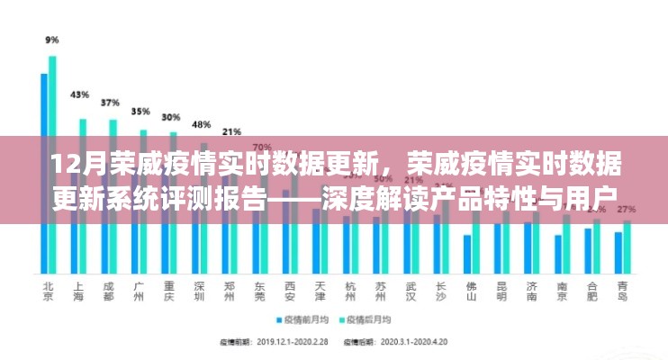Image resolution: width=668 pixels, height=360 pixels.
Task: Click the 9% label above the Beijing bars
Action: pyautogui.click(x=51, y=40)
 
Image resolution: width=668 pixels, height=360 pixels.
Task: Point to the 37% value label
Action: pyautogui.click(x=110, y=102)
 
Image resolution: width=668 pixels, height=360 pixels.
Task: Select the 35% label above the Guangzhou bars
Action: pyautogui.click(x=140, y=111)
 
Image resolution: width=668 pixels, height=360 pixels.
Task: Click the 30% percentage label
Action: pyautogui.click(x=170, y=117)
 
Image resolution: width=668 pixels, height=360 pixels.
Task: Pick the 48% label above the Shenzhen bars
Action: pyautogui.click(x=202, y=124)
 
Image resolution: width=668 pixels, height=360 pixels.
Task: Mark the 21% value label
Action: pyautogui.click(x=231, y=131)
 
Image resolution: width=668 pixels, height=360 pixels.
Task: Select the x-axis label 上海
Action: pyautogui.click(x=79, y=292)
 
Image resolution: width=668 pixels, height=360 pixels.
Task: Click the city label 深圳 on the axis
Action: pyautogui.click(x=200, y=292)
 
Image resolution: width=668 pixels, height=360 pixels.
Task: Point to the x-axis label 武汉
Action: pyautogui.click(x=411, y=292)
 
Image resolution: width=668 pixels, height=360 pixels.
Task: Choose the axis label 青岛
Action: pyautogui.click(x=622, y=292)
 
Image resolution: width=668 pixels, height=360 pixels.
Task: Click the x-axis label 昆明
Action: pyautogui.click(x=501, y=292)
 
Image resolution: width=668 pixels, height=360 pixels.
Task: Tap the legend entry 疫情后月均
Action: pyautogui.click(x=370, y=319)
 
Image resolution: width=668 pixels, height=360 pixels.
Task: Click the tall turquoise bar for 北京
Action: pyautogui.click(x=52, y=162)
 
